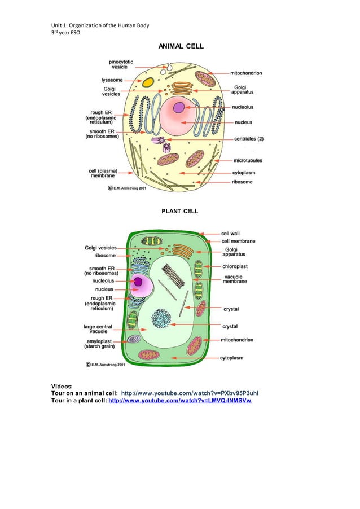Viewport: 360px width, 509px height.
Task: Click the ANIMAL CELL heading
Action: click(x=180, y=46)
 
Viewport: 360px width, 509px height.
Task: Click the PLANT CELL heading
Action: click(x=180, y=211)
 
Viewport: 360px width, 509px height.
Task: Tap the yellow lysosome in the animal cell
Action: click(x=148, y=83)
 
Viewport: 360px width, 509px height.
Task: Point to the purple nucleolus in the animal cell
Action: click(x=179, y=107)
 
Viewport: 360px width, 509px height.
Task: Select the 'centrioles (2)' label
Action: click(x=248, y=138)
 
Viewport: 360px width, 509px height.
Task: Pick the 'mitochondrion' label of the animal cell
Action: click(x=246, y=73)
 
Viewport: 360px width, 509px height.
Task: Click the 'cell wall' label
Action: click(x=231, y=233)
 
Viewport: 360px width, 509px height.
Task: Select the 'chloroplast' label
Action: click(x=235, y=266)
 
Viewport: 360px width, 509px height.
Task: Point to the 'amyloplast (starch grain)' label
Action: click(x=101, y=344)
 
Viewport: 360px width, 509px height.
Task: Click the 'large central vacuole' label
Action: click(x=98, y=329)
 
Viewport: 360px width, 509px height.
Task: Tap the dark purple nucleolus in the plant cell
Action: click(x=138, y=282)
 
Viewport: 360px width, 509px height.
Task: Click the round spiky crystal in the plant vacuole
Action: click(x=162, y=319)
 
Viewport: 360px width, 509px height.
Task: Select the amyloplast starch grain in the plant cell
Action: click(x=134, y=339)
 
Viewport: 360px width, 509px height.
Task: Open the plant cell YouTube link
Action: click(x=179, y=401)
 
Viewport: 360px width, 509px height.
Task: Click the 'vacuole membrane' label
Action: click(x=235, y=279)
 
